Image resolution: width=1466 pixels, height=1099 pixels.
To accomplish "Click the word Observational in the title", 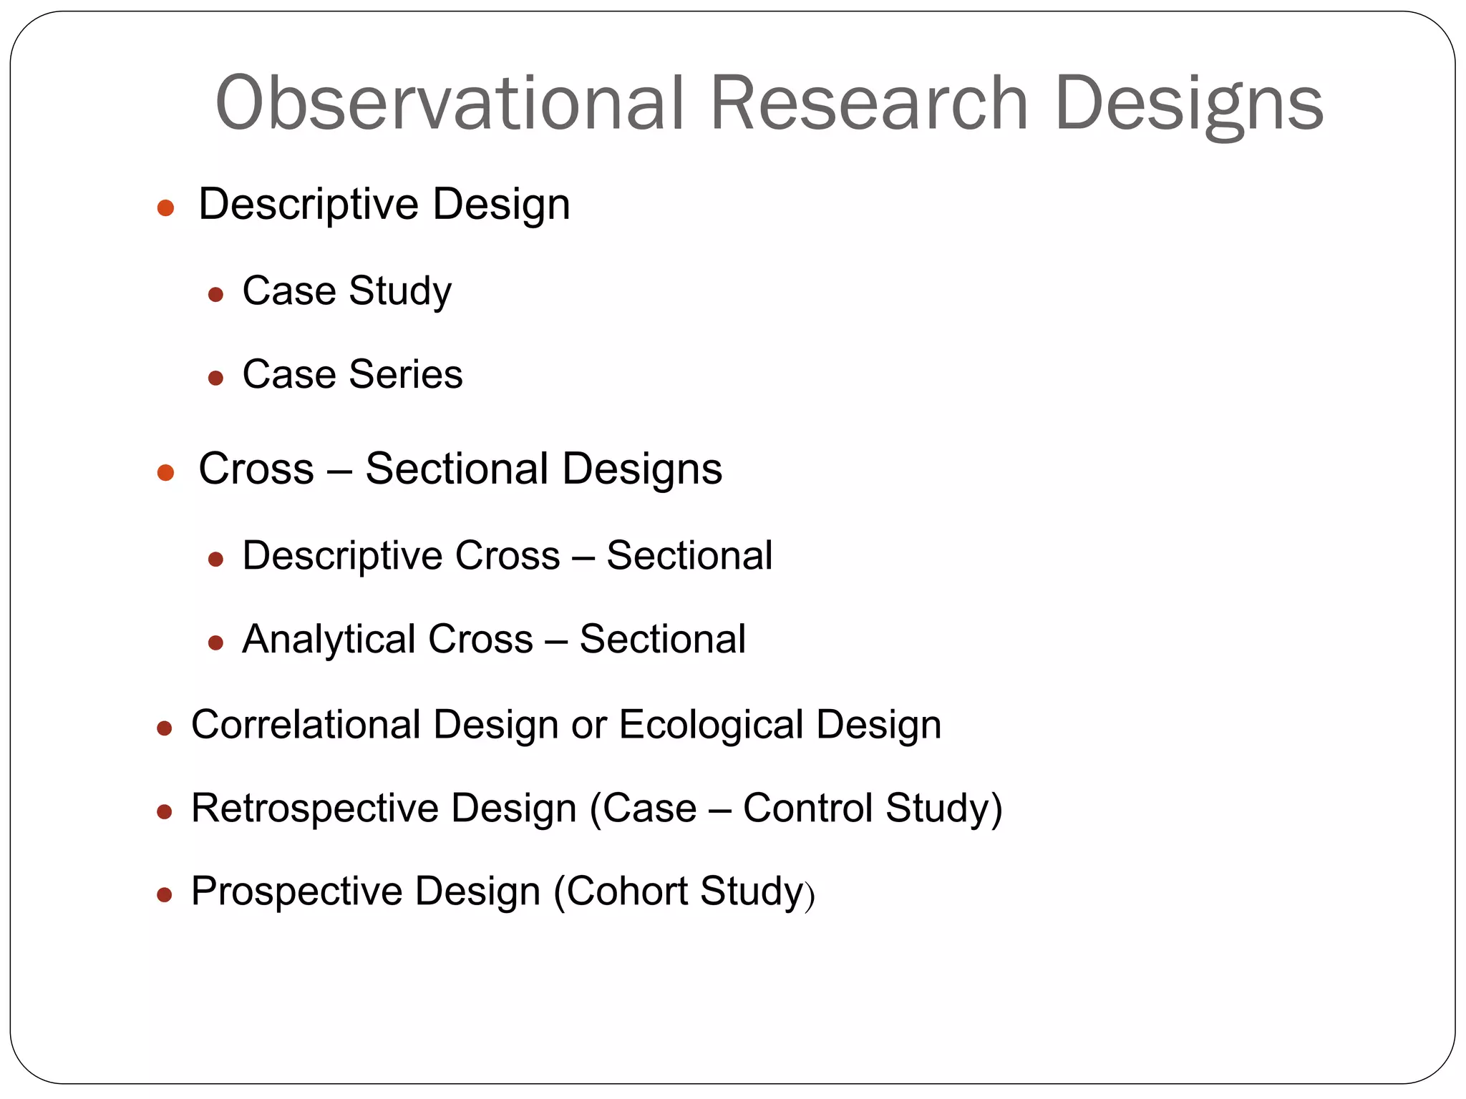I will click(x=450, y=104).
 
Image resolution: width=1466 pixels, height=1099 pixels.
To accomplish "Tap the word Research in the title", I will click(x=868, y=104).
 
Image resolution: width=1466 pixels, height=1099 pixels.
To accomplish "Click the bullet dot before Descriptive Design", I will click(x=165, y=208).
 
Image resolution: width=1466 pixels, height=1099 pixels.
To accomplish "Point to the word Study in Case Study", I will click(x=400, y=292).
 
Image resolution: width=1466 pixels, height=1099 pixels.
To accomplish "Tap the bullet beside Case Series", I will click(x=215, y=378).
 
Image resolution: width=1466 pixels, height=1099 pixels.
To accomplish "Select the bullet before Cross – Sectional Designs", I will click(x=165, y=472).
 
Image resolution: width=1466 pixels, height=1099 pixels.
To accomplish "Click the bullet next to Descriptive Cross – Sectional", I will click(x=215, y=559).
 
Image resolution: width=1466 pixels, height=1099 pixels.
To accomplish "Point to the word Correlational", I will click(x=306, y=724).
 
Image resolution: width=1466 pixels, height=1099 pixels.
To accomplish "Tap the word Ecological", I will click(x=711, y=726).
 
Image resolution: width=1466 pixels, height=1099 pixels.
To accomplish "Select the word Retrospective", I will click(x=315, y=809).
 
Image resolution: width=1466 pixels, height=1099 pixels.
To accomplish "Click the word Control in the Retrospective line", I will click(x=807, y=809).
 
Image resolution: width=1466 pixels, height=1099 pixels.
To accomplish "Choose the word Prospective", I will click(x=296, y=892).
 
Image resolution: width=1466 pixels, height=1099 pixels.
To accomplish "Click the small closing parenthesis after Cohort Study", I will click(x=810, y=897).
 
